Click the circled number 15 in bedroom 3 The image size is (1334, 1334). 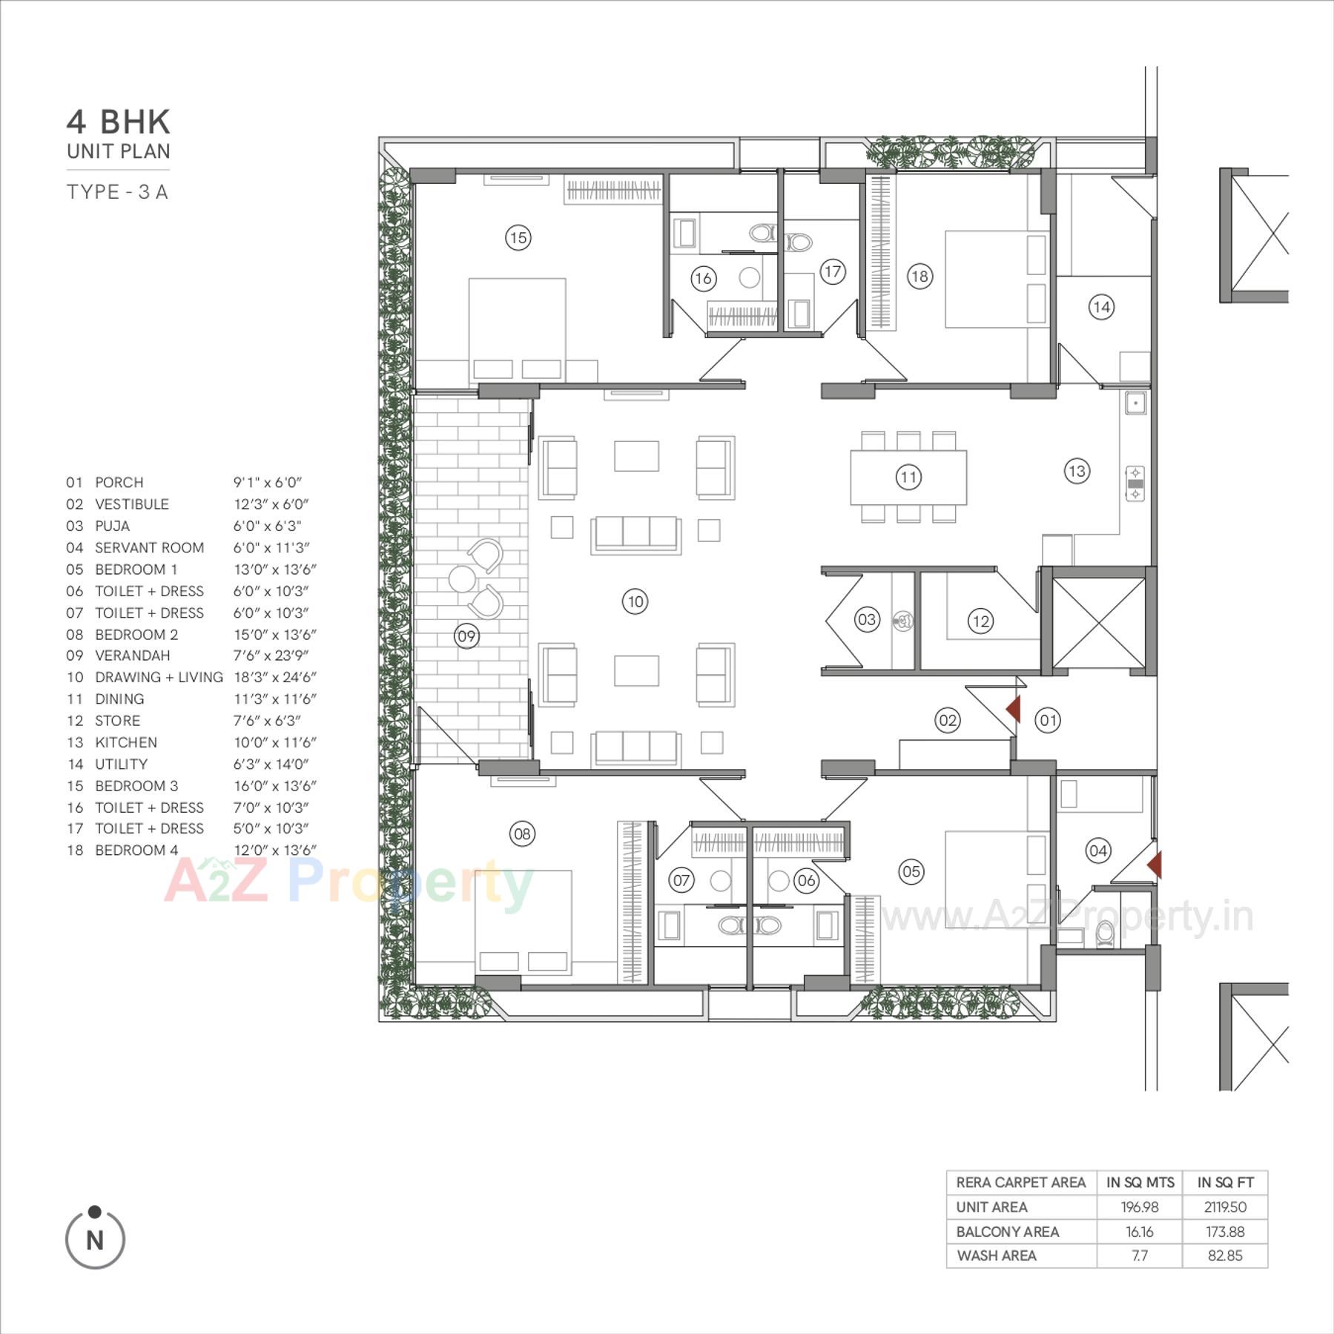(x=518, y=237)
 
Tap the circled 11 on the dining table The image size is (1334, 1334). (x=908, y=477)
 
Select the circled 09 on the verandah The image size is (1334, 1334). (x=466, y=635)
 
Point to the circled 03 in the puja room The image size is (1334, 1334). (x=866, y=619)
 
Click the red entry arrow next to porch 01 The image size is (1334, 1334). (x=1013, y=709)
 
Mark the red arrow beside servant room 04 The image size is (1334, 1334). (x=1155, y=865)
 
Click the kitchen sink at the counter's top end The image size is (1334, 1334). (x=1135, y=403)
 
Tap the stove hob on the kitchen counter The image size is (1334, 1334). (x=1135, y=483)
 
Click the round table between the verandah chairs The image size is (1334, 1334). (x=462, y=578)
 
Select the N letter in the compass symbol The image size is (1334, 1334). (x=95, y=1240)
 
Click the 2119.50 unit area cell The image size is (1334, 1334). (x=1225, y=1207)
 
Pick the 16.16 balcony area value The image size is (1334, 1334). (x=1139, y=1232)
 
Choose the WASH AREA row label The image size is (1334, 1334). (x=997, y=1255)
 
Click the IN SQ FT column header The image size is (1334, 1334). (x=1225, y=1183)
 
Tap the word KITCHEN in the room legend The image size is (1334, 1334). (x=126, y=742)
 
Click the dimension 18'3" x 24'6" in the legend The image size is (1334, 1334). (x=275, y=677)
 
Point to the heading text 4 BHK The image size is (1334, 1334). (x=119, y=122)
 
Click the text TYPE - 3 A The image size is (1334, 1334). (x=118, y=192)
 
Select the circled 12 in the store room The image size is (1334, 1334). (x=980, y=621)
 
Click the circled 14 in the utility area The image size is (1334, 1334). (x=1101, y=306)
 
